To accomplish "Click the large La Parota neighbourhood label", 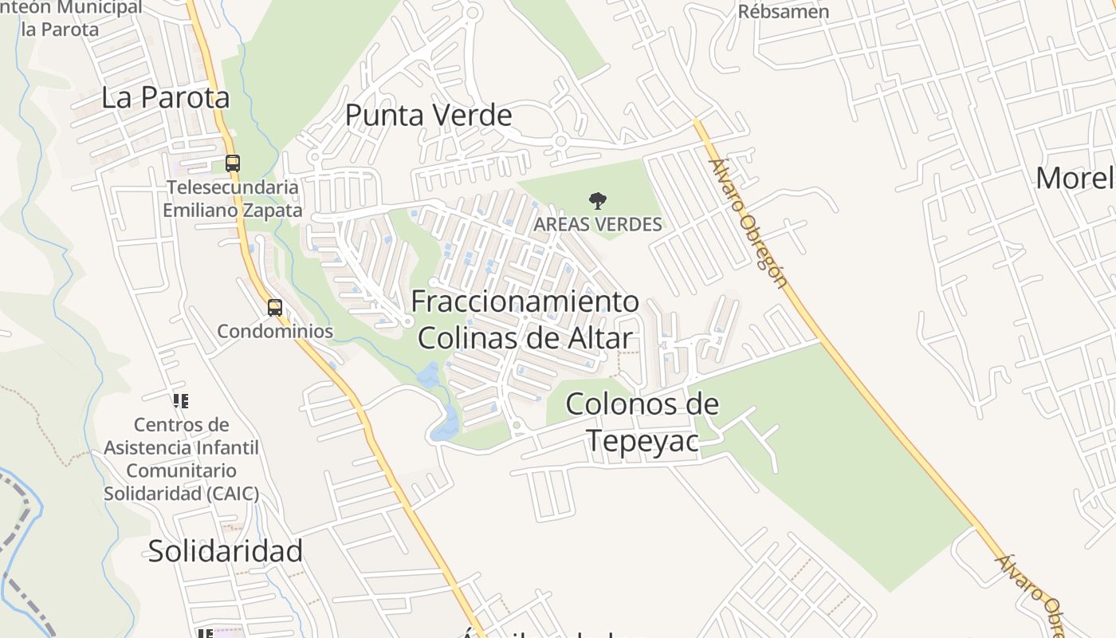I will tap(166, 97).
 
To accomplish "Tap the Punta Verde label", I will tap(428, 116).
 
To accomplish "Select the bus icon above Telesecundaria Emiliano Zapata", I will tap(232, 163).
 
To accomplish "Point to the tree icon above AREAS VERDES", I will tap(597, 201).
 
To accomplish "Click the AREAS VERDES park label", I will tap(597, 224).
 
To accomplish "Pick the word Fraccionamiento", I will tap(525, 301).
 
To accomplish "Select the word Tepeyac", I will tap(642, 440).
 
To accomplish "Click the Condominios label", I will tap(275, 331).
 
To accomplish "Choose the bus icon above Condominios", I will tap(275, 308).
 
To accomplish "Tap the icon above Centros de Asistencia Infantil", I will tap(181, 401).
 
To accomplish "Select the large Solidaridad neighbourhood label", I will tap(226, 551).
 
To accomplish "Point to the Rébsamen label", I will tap(783, 12).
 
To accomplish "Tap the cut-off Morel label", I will tap(1075, 178).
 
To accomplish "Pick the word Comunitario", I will tap(181, 471).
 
